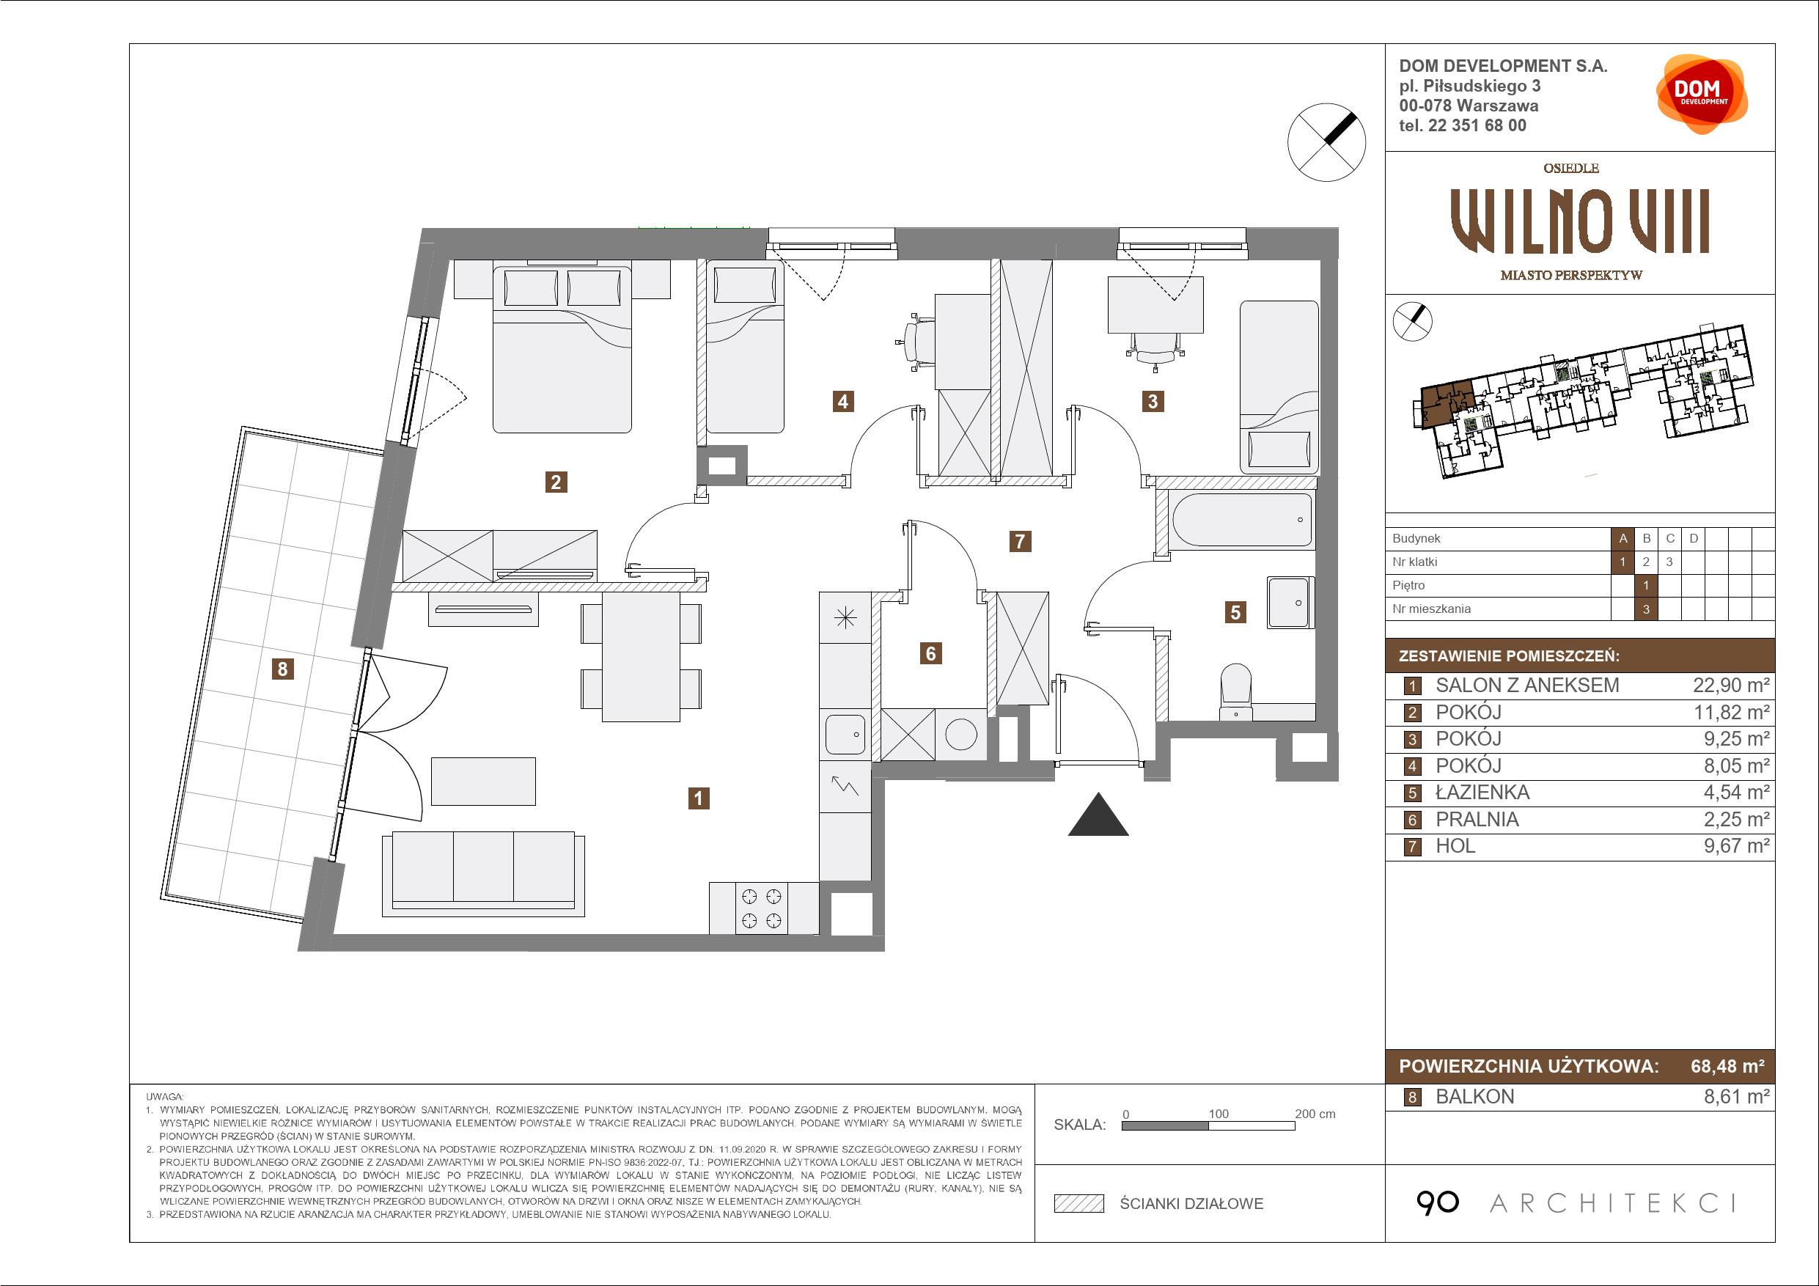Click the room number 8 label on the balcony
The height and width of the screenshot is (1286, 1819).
[282, 669]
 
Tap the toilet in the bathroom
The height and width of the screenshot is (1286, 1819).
[1236, 691]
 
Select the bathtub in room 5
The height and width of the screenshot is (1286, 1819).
[1241, 520]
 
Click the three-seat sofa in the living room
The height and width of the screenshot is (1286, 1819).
[483, 874]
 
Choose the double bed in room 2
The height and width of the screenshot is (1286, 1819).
[562, 350]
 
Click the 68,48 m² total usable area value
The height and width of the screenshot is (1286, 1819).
[1727, 1066]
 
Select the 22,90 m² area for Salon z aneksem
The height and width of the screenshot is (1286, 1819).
[1731, 686]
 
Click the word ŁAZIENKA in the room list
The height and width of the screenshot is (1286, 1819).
[1482, 793]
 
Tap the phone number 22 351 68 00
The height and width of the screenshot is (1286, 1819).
[1477, 125]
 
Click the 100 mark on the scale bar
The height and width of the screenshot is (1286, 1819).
[1219, 1114]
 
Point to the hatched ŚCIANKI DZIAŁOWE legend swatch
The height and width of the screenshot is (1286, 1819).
[1079, 1204]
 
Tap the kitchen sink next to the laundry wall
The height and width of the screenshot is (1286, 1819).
[845, 735]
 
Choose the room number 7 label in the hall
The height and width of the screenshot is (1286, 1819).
[1020, 541]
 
